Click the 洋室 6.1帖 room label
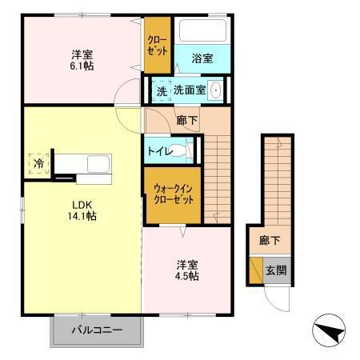(82, 60)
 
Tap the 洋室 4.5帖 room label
(188, 270)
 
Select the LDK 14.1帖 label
(82, 210)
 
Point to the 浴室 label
(202, 58)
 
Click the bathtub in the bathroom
(203, 32)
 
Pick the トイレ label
(160, 150)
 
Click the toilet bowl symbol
(186, 149)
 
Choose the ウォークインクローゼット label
(174, 194)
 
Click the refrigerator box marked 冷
(38, 162)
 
